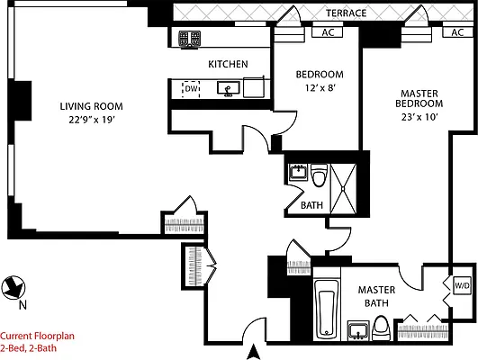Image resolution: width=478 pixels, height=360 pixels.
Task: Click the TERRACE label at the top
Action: click(x=347, y=13)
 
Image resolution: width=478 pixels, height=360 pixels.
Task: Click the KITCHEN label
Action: click(x=228, y=64)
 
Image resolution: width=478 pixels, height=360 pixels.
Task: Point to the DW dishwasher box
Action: click(x=191, y=88)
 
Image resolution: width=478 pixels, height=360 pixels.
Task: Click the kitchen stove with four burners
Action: click(x=190, y=39)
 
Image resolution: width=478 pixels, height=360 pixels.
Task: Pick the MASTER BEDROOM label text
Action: click(x=420, y=97)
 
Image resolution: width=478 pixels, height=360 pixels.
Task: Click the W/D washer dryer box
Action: click(x=462, y=285)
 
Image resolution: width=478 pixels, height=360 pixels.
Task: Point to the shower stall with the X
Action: click(x=347, y=178)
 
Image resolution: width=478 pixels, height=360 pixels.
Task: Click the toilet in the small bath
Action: click(x=319, y=176)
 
